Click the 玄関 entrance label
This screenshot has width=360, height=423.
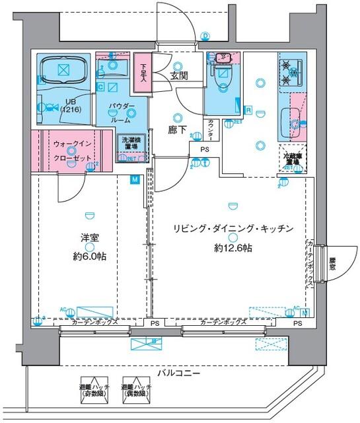[x=179, y=76]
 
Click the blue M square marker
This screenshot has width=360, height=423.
[x=135, y=179]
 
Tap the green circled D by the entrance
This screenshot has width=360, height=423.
[x=206, y=36]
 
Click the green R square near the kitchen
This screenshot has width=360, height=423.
[x=248, y=110]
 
